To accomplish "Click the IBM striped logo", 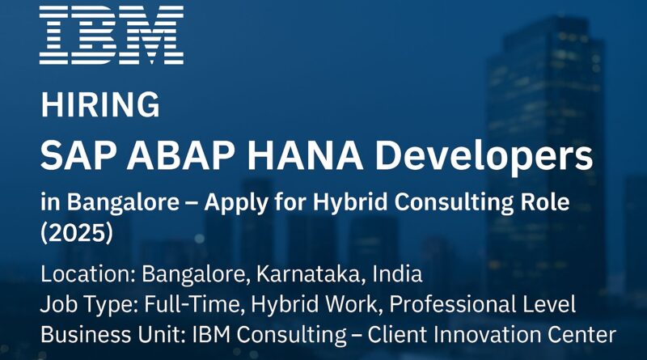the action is pyautogui.click(x=112, y=35).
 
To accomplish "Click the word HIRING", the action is pyautogui.click(x=99, y=105).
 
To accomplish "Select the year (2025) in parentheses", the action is pyautogui.click(x=77, y=233).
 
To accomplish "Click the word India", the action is pyautogui.click(x=397, y=273).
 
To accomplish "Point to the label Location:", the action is pyautogui.click(x=88, y=273).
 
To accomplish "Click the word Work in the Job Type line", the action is pyautogui.click(x=351, y=304).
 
